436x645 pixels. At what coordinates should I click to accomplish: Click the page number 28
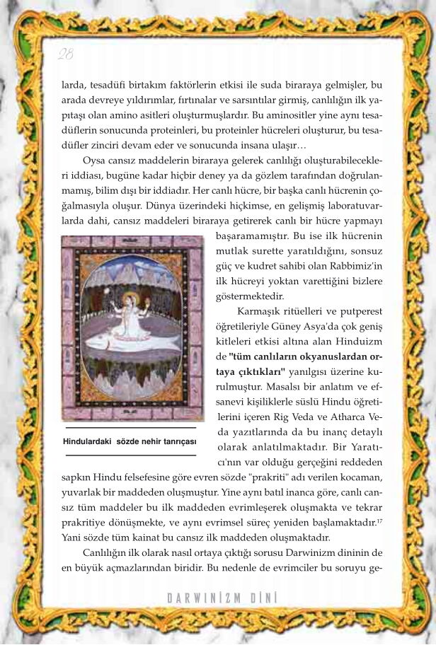tap(65, 54)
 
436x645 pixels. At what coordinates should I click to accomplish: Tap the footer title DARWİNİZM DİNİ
tap(222, 598)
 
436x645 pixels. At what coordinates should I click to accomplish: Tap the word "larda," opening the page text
tap(74, 85)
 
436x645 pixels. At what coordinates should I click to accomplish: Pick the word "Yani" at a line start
tap(73, 537)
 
